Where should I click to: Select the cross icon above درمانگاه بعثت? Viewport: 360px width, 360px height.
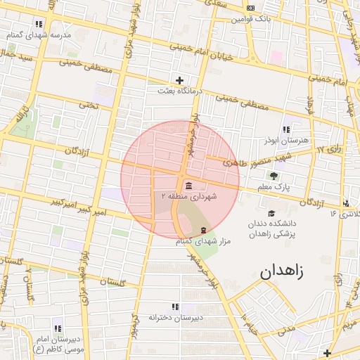point(179,80)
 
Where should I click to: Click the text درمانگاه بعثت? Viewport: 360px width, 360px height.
point(179,91)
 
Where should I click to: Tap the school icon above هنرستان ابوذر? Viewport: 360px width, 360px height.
point(285,129)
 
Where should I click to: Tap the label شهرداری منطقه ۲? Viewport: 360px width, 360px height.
point(190,196)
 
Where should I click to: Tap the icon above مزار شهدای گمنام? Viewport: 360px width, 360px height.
point(204,230)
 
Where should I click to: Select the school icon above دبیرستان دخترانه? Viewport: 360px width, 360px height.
point(175,307)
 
